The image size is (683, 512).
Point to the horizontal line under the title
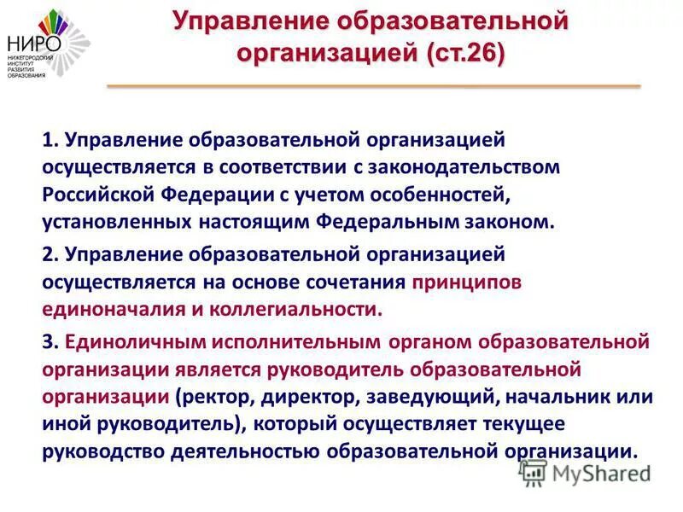[x=373, y=86]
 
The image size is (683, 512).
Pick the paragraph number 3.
[x=50, y=342]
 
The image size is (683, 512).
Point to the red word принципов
[x=466, y=281]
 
